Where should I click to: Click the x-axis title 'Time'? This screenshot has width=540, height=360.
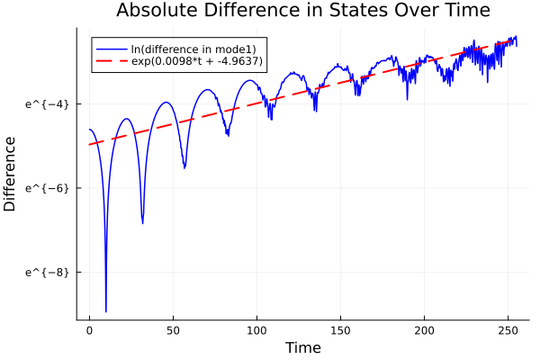click(x=302, y=347)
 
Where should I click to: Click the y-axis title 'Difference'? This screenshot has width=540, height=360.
click(x=11, y=174)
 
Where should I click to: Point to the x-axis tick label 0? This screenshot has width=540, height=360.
click(x=89, y=330)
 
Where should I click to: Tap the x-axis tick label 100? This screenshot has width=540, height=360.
click(x=256, y=330)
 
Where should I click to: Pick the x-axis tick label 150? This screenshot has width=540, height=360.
click(x=340, y=330)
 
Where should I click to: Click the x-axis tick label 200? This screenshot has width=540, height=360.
click(x=424, y=330)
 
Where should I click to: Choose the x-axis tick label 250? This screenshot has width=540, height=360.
click(x=508, y=330)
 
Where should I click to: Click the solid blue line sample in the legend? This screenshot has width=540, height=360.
click(x=111, y=48)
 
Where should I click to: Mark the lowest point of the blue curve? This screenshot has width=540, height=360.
click(x=106, y=311)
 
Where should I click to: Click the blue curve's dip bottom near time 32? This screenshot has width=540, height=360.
click(x=142, y=223)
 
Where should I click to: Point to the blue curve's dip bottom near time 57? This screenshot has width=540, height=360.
click(x=184, y=167)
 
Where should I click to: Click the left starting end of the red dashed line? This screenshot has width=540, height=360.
click(x=89, y=144)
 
